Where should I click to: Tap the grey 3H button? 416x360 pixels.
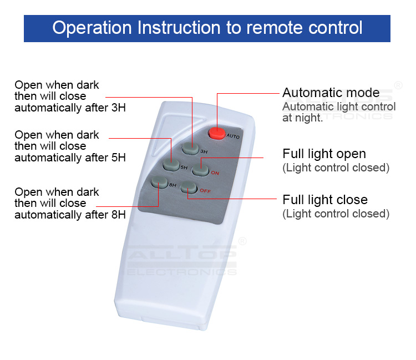coord(190,149)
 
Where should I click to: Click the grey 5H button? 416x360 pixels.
coord(171,164)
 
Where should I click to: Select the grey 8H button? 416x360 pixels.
coord(159,182)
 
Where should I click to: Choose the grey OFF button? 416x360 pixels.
coord(189,188)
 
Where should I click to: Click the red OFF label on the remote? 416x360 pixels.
coord(205,191)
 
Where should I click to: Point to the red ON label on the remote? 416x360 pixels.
coord(215,173)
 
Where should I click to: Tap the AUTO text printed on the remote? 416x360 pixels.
coord(233,136)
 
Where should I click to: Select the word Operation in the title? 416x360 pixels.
coord(92,28)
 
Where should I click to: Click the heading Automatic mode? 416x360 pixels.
coord(331,93)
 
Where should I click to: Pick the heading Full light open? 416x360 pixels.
coord(324,154)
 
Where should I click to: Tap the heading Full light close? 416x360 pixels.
coord(325,200)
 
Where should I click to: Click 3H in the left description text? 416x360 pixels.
coord(118,108)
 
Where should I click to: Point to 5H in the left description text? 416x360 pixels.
coord(118,158)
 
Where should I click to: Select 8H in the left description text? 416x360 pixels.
coord(118,215)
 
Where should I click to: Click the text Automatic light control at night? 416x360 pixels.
coord(339,112)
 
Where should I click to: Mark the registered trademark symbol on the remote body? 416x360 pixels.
coord(242,241)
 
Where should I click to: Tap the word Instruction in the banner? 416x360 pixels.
coord(179,28)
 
